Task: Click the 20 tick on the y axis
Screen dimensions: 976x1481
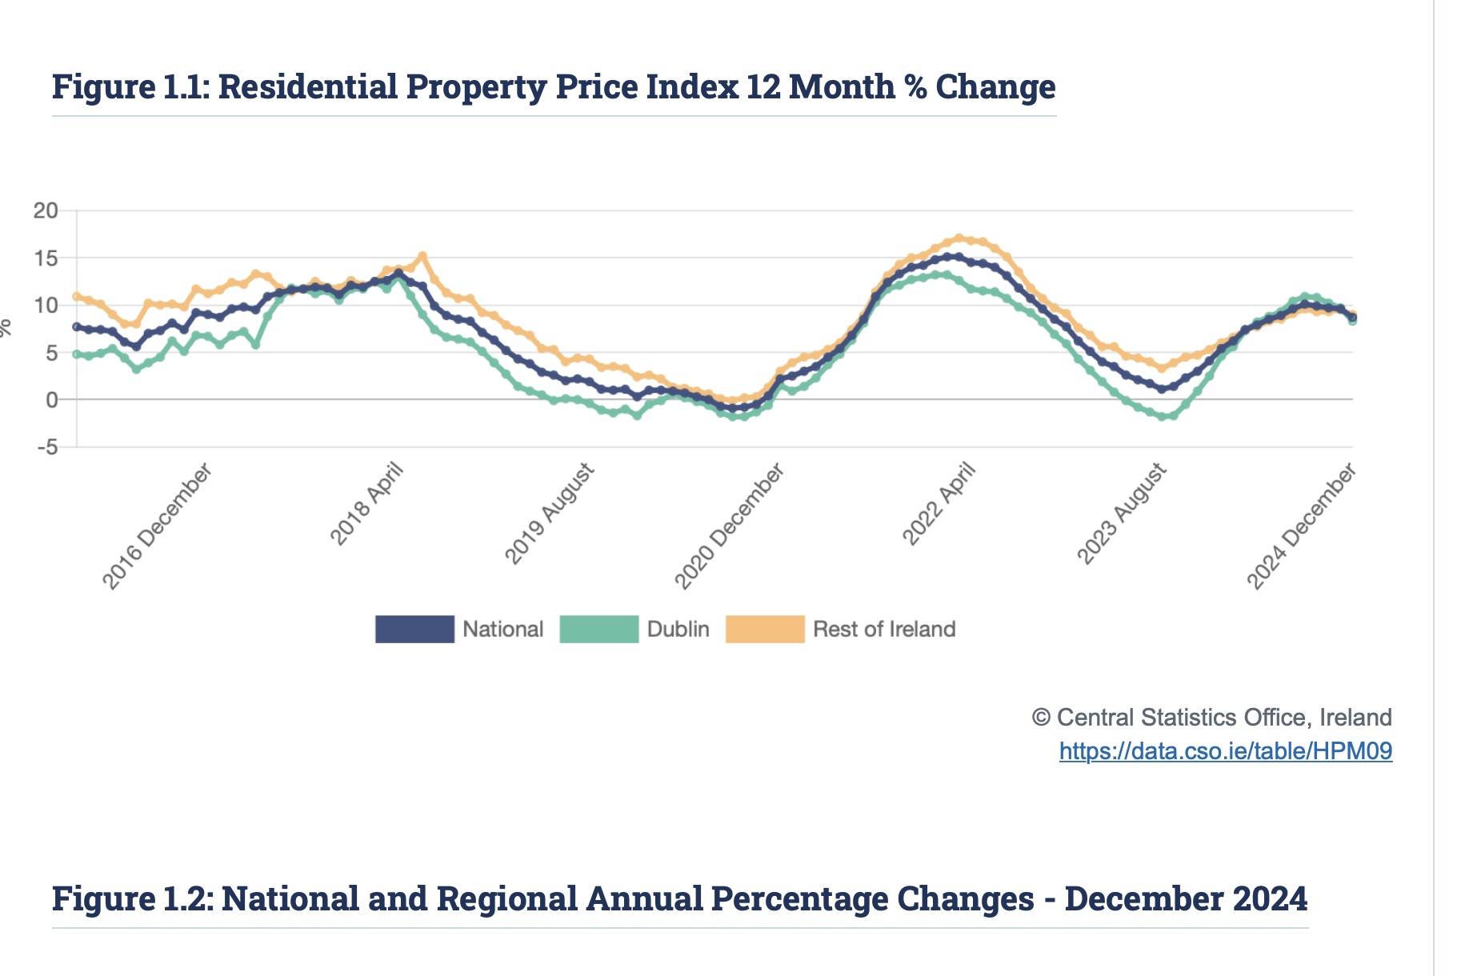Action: (x=46, y=211)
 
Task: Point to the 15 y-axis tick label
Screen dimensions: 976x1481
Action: (x=46, y=258)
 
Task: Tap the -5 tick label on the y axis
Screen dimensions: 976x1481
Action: (x=48, y=447)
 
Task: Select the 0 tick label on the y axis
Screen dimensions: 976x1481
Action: (x=52, y=400)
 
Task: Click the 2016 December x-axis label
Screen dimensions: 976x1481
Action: (x=158, y=526)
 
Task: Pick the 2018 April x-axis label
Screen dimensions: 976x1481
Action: (x=367, y=505)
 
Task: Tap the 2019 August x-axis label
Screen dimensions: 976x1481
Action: (x=550, y=514)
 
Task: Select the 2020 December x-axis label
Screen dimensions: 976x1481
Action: (x=730, y=526)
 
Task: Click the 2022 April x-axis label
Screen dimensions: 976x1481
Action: (x=939, y=505)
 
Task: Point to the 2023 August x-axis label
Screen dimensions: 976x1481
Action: (x=1122, y=514)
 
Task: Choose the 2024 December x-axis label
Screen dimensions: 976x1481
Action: (x=1302, y=526)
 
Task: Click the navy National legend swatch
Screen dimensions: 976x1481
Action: (x=414, y=630)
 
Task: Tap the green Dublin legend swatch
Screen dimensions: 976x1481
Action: (x=599, y=630)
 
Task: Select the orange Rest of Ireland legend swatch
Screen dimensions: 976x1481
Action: (x=765, y=630)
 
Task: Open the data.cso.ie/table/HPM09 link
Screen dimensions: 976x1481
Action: (x=1225, y=751)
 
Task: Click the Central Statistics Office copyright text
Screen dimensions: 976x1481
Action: (x=1211, y=718)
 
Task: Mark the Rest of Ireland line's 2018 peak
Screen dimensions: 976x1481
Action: (x=422, y=256)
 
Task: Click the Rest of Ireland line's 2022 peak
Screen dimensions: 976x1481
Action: (x=959, y=238)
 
